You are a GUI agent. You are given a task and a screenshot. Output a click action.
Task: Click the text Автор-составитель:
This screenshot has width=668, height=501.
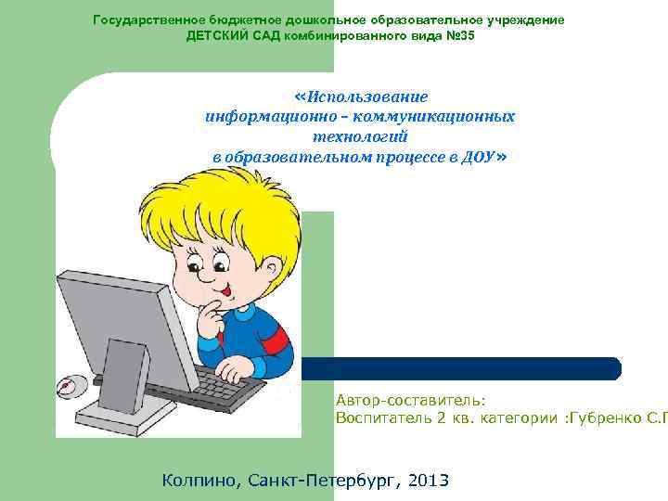(x=410, y=400)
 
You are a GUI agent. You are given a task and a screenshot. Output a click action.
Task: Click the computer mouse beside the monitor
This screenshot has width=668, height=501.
(x=70, y=385)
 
